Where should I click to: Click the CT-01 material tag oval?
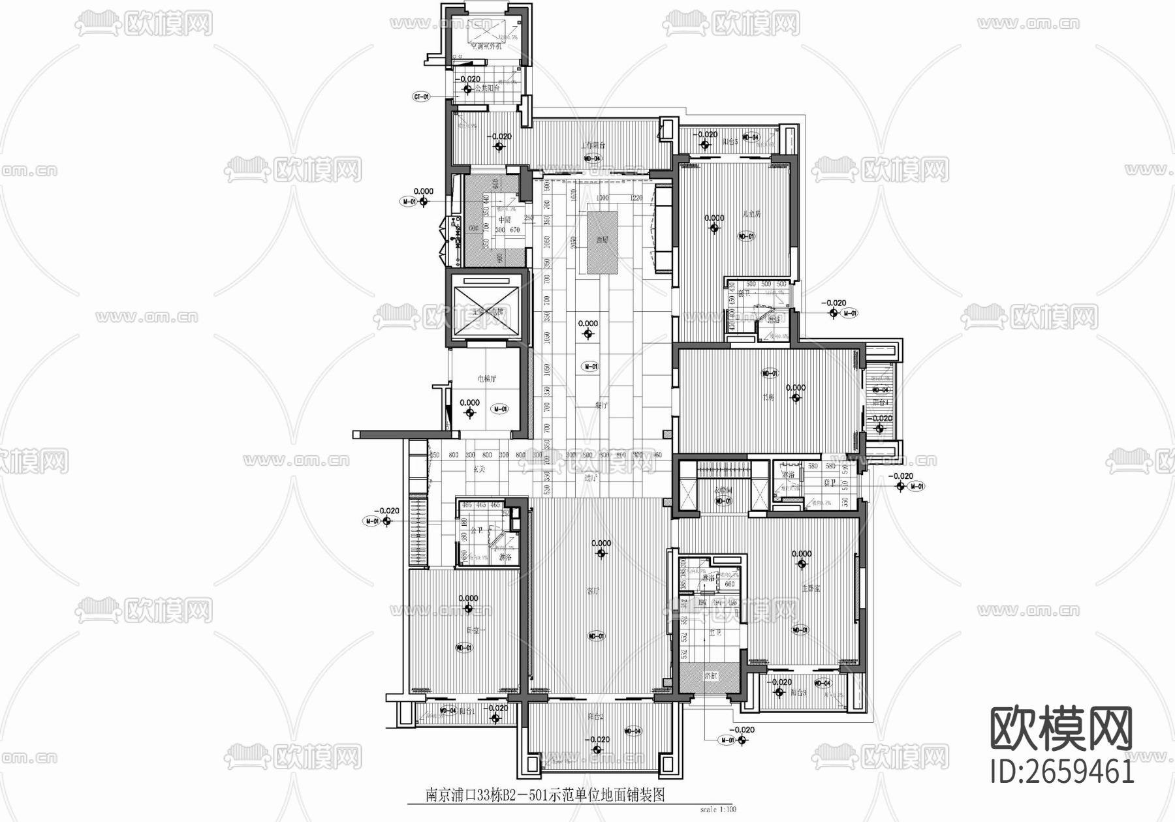422,97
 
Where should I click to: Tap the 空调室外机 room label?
486,46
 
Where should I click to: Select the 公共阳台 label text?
486,88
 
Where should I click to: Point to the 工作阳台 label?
593,145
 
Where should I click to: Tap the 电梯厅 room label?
487,378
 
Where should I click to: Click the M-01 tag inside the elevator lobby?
500,409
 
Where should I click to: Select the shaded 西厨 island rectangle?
602,241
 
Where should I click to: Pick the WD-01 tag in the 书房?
770,374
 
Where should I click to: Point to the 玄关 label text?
478,468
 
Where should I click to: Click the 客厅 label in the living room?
593,591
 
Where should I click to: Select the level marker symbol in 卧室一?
469,609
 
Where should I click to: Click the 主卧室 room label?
811,588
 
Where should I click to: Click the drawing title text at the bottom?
544,795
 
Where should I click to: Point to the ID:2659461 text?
1062,772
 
